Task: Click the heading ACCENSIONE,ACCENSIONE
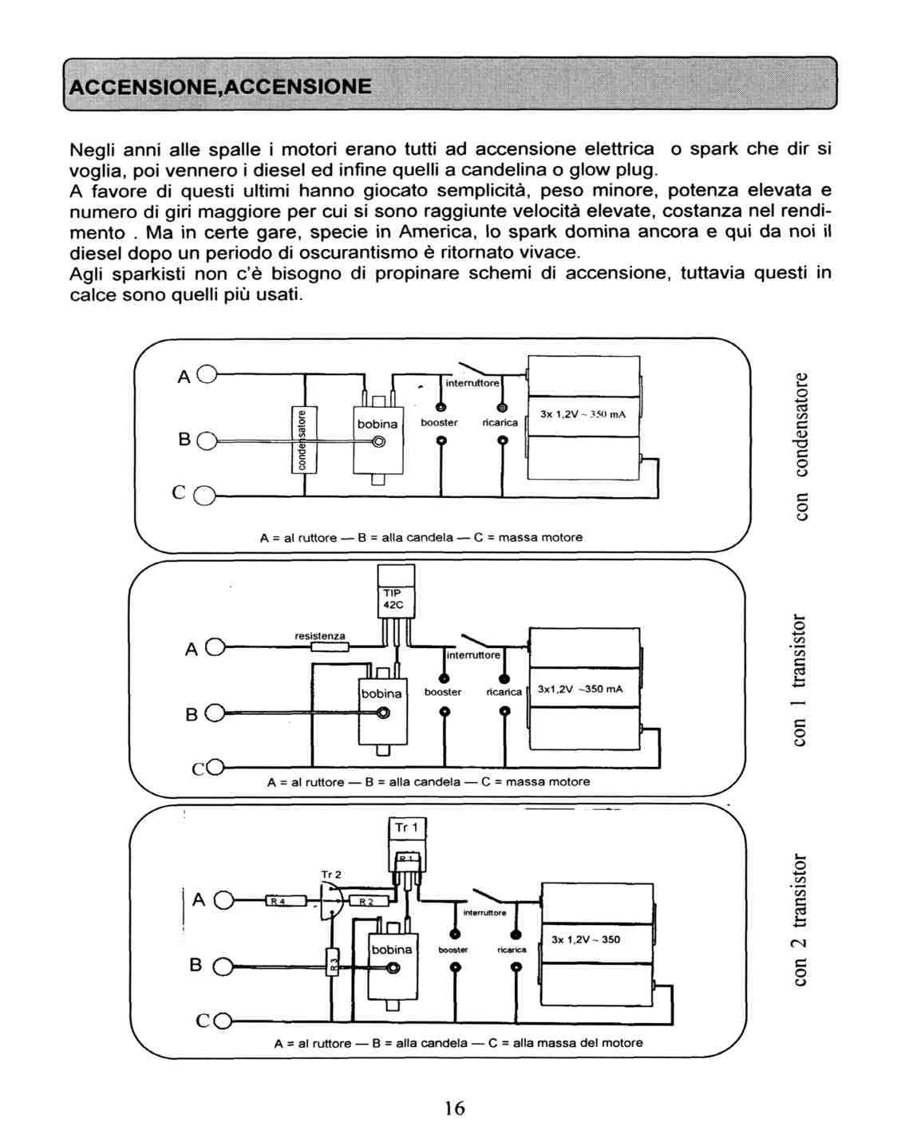(x=220, y=86)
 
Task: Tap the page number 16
(x=454, y=1108)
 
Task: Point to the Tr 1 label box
(x=407, y=828)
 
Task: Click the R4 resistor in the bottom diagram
(x=275, y=901)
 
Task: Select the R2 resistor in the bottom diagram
(x=366, y=902)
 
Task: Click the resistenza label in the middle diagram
(x=320, y=636)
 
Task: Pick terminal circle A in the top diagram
(x=205, y=374)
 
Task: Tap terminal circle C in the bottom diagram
(x=223, y=1021)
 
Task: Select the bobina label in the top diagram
(x=377, y=424)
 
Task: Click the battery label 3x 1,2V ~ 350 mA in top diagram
(x=583, y=414)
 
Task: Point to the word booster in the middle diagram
(x=443, y=692)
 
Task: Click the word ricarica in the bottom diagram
(x=512, y=950)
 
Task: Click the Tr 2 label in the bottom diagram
(x=330, y=875)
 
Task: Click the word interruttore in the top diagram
(x=472, y=383)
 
